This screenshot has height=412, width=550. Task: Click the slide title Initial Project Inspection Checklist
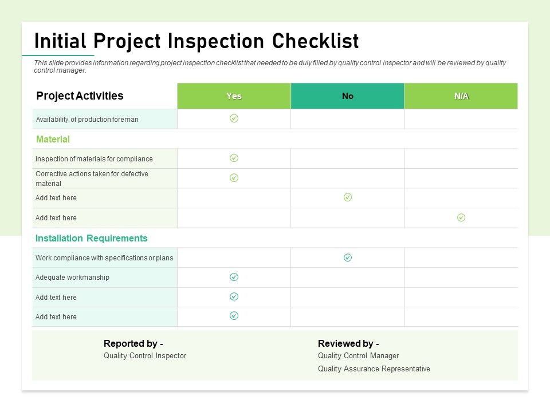197,41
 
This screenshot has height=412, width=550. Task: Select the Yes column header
234,96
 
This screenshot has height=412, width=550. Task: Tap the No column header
348,96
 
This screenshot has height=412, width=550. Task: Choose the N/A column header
461,96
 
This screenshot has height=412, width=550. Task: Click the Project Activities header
80,96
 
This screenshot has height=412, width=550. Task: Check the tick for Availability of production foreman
234,118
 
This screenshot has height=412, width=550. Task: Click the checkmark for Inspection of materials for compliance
234,158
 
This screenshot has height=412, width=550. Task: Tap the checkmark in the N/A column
461,217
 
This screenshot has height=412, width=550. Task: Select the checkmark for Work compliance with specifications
348,257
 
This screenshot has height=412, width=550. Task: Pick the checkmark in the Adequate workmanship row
234,277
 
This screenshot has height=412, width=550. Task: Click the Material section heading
53,139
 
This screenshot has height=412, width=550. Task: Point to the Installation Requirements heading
92,238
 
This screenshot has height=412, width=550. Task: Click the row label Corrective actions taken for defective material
92,179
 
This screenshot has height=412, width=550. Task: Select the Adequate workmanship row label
72,278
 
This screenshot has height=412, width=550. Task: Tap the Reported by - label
133,344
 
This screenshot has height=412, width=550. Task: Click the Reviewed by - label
348,344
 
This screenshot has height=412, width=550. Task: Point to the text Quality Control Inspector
145,356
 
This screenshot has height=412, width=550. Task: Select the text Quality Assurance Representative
374,369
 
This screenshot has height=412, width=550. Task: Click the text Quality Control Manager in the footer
358,356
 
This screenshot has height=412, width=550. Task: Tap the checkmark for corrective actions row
234,178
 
